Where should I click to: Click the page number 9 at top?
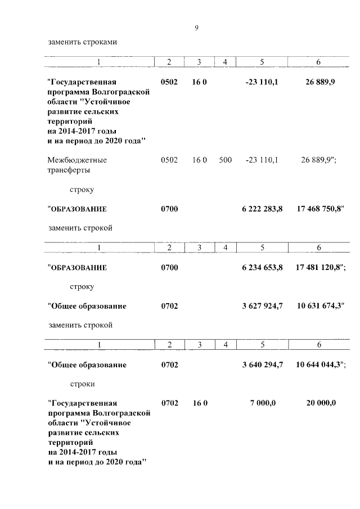[x=196, y=28]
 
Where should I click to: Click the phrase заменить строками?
[x=83, y=42]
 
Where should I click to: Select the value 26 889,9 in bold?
[x=321, y=82]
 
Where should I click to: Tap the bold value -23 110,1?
[x=262, y=82]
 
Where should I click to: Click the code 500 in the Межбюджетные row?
[x=225, y=160]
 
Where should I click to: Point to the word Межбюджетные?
[x=77, y=160]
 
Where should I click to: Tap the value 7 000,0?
[x=263, y=403]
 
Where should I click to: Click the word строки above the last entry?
[x=83, y=384]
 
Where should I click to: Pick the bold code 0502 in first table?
[x=169, y=82]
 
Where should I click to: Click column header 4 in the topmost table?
[x=224, y=62]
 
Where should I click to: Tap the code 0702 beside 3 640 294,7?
[x=169, y=364]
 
